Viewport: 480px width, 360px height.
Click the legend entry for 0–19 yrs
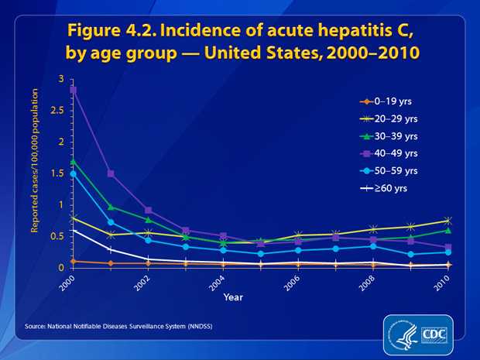386,101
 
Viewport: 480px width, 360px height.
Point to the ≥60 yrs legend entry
385,187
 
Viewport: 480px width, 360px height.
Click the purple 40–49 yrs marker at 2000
74,90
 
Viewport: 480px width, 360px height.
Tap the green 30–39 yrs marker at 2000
74,161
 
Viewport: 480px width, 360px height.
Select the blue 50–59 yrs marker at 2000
74,173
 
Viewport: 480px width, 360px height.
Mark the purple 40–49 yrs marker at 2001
111,173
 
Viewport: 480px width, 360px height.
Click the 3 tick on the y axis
62,79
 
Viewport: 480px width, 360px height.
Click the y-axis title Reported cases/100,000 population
35,173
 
